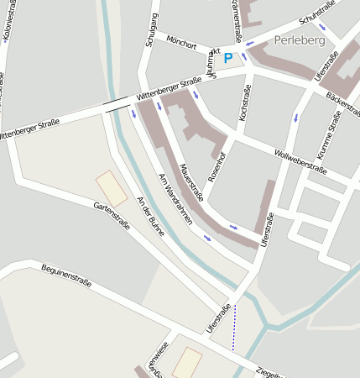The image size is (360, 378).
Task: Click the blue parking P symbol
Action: coord(228,58)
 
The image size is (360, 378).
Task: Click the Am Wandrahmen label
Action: coord(175,199)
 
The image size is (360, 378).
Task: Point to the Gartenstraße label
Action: coord(113,218)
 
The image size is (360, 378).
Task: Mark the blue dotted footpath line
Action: coord(235,328)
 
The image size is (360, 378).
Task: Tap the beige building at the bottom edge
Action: coord(187,363)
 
